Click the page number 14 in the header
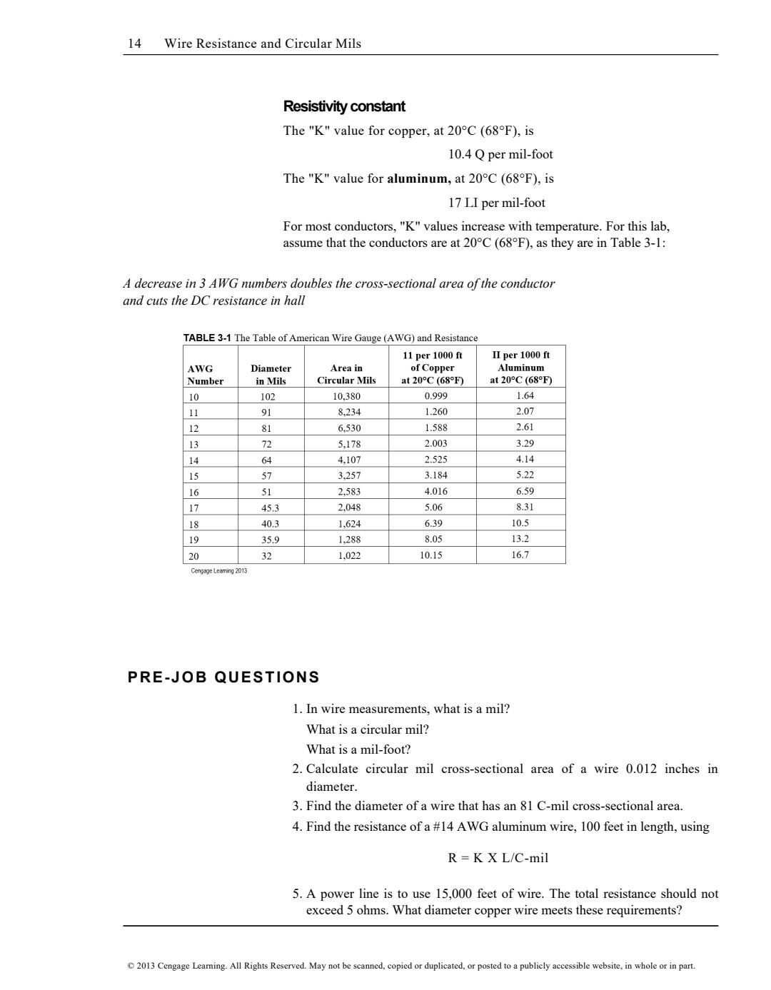(134, 44)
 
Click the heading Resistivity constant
(344, 106)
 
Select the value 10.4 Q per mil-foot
(500, 154)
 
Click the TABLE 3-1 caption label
(207, 338)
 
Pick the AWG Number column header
(205, 375)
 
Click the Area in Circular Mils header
(346, 375)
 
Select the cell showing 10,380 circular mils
(347, 396)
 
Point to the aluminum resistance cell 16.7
(520, 555)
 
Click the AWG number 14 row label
(193, 460)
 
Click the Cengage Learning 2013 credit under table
(219, 571)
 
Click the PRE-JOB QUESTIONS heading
(223, 677)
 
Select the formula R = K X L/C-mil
(498, 858)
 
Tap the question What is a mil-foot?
(358, 749)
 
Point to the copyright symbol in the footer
(130, 966)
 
